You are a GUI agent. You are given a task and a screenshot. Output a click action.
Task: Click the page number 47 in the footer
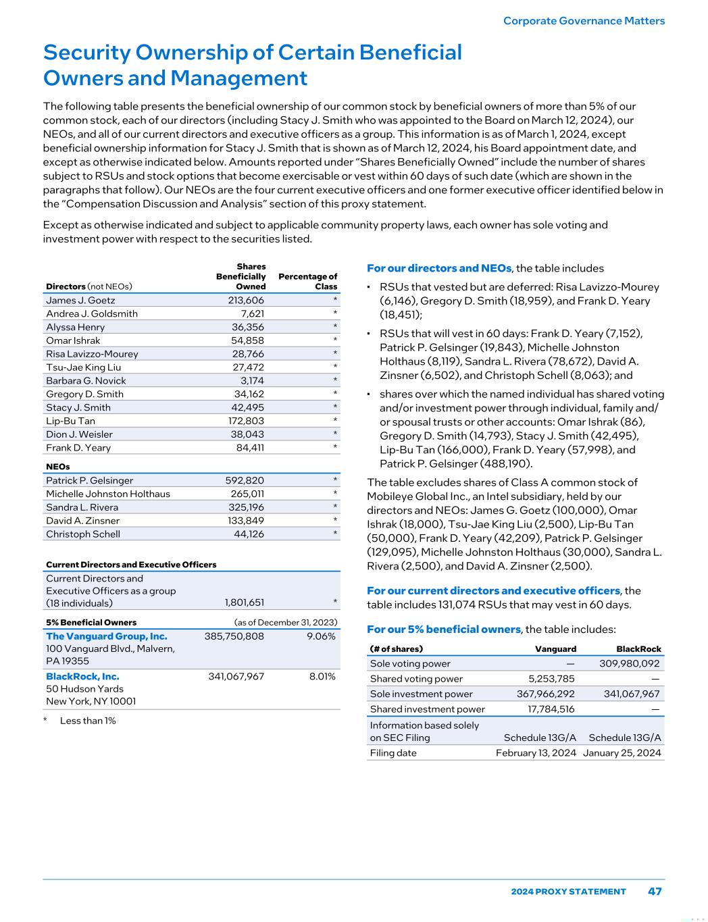(x=655, y=891)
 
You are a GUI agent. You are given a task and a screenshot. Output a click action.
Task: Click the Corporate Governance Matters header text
(x=584, y=21)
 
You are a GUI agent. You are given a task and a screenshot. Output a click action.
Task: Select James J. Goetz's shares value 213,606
(x=246, y=301)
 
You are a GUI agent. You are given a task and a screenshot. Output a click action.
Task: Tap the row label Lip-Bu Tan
(x=70, y=421)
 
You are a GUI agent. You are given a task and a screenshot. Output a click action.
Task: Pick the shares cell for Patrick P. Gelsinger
(x=245, y=480)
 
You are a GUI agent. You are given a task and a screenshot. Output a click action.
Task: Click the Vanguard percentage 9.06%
(x=321, y=636)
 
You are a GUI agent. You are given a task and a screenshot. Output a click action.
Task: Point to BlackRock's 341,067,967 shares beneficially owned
(x=236, y=676)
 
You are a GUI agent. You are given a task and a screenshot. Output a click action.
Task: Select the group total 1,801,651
(x=244, y=603)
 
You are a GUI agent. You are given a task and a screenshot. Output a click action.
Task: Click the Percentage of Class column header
(x=308, y=282)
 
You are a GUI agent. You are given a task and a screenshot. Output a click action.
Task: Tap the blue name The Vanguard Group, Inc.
(x=107, y=636)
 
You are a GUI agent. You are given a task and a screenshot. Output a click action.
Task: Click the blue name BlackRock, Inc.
(x=82, y=676)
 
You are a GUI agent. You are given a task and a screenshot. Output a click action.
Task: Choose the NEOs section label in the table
(x=57, y=467)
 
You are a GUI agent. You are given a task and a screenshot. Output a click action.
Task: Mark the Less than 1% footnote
(x=88, y=721)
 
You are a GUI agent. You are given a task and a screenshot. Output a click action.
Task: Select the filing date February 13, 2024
(x=536, y=753)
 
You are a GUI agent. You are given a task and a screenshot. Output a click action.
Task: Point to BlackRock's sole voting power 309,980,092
(x=629, y=664)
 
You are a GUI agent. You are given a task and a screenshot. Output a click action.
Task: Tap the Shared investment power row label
(x=427, y=709)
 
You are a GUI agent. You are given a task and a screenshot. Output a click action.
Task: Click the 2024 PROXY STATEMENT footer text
(x=568, y=892)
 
